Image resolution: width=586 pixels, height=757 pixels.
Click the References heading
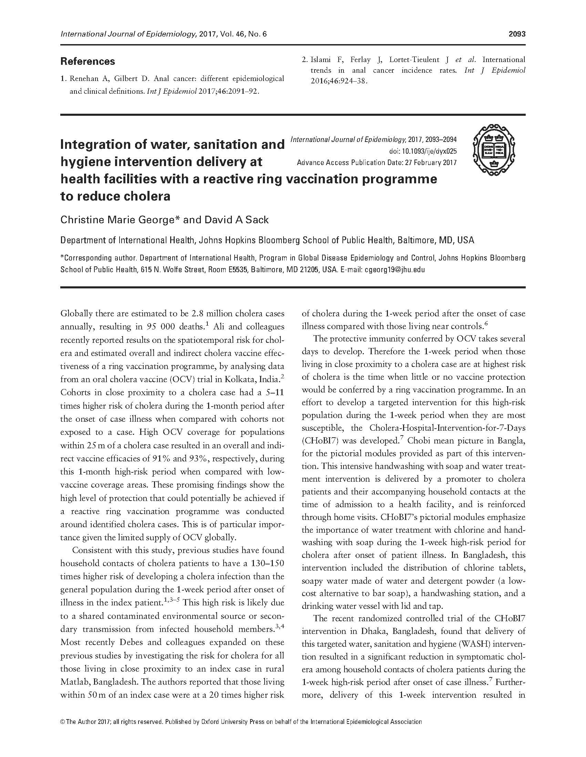coord(88,61)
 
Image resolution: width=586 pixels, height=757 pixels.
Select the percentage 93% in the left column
coord(198,458)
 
